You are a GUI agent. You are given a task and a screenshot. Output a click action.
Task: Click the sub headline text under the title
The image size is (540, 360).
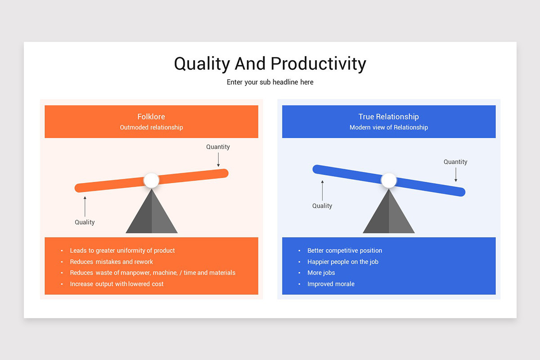click(270, 82)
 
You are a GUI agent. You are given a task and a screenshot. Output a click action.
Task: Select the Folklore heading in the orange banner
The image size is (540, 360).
click(151, 117)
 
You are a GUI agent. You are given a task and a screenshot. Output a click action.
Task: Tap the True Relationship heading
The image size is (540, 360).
click(388, 117)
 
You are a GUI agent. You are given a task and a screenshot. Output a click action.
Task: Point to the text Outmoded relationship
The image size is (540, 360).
click(151, 127)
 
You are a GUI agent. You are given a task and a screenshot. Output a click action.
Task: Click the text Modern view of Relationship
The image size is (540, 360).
click(388, 127)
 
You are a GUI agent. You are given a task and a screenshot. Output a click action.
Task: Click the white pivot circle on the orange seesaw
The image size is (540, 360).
click(152, 180)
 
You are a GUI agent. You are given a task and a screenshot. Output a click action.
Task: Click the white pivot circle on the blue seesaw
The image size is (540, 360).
click(389, 180)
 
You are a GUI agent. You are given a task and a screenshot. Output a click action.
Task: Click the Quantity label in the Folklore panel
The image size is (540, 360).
click(218, 147)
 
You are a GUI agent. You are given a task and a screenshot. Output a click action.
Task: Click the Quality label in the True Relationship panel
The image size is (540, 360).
click(322, 206)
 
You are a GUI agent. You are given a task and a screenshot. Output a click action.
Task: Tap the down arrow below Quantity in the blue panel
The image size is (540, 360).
click(455, 175)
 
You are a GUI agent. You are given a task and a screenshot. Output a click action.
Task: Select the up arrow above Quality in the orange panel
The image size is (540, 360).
click(85, 206)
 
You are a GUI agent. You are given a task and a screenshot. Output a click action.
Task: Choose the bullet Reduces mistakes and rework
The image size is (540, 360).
click(111, 261)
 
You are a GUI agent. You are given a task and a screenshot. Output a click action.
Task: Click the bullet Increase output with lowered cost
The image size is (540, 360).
click(117, 284)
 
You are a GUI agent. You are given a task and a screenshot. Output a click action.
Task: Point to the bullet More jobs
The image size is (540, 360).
click(321, 273)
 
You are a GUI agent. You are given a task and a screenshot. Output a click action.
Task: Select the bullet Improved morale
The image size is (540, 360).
click(331, 284)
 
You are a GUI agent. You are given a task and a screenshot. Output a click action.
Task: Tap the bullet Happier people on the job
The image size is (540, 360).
click(342, 261)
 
